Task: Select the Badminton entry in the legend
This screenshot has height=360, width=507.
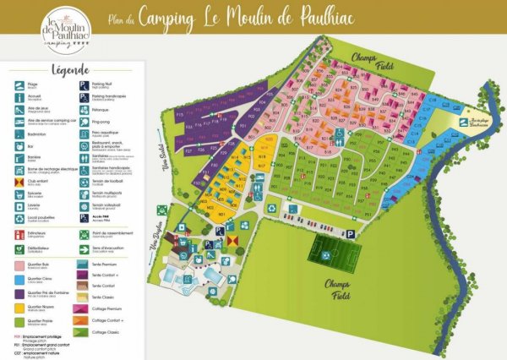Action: pyautogui.click(x=32, y=131)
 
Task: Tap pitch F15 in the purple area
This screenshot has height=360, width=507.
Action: pyautogui.click(x=179, y=112)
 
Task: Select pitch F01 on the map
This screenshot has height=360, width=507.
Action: pyautogui.click(x=242, y=126)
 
